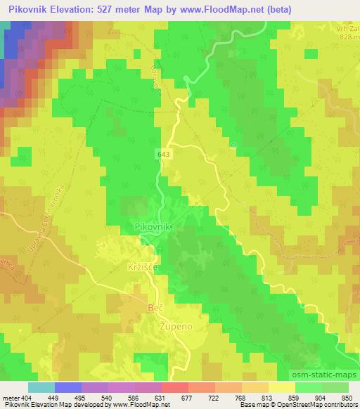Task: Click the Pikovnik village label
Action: pyautogui.click(x=153, y=227)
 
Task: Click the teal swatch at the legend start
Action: pyautogui.click(x=41, y=387)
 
